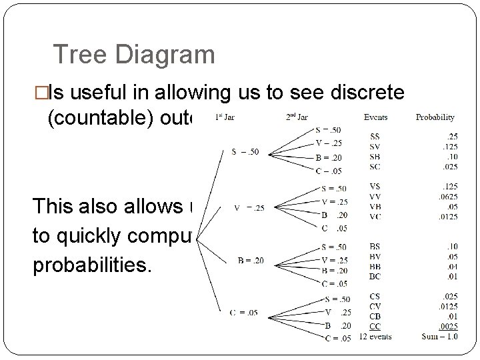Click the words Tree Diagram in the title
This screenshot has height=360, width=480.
(133, 54)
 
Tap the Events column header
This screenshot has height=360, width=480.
(375, 117)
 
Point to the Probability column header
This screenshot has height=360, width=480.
(435, 117)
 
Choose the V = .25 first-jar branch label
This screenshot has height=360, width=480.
(249, 207)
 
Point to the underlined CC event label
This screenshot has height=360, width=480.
(375, 326)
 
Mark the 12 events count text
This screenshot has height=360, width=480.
(375, 337)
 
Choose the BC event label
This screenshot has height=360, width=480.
(375, 276)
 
